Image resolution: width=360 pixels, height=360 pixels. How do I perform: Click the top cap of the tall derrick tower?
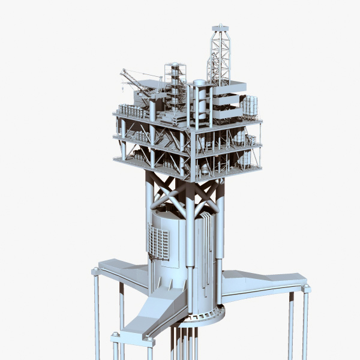click(220, 27)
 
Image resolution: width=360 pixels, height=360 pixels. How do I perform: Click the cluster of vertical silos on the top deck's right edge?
click(250, 106)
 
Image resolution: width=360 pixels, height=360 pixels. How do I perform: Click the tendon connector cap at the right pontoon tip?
click(306, 289)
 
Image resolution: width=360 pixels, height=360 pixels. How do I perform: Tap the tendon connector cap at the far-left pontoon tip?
click(95, 272)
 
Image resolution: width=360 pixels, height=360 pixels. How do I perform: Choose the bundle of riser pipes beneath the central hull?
click(186, 342)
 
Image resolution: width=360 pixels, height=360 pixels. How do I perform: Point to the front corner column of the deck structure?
click(191, 150)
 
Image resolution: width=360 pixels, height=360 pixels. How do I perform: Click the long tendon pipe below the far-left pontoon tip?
click(96, 318)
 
